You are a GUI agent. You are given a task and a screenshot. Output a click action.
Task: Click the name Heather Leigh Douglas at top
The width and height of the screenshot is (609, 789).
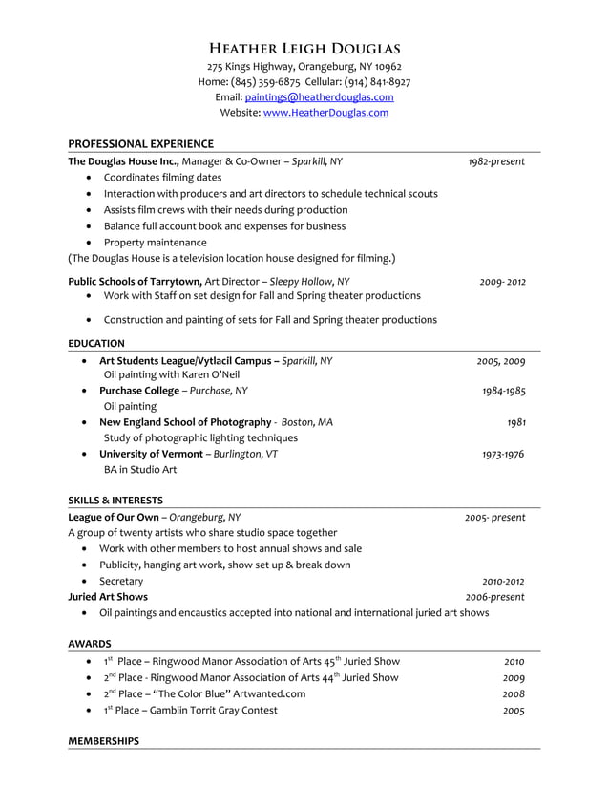click(304, 48)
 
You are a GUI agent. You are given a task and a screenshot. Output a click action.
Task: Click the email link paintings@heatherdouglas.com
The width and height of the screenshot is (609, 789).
click(319, 97)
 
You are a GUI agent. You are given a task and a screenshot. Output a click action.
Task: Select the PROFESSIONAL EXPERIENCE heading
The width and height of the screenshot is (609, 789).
click(140, 143)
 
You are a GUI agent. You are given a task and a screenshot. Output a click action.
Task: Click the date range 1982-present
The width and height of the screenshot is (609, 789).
click(495, 161)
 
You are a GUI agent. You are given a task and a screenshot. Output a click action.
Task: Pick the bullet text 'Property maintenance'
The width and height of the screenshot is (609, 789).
click(155, 243)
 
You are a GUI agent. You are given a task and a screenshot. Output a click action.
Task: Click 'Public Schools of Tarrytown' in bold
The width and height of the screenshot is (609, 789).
click(135, 282)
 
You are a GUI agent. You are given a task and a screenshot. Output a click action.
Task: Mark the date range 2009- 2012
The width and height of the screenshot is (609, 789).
click(502, 282)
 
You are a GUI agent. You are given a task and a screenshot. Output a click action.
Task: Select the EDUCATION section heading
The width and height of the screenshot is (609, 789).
click(96, 343)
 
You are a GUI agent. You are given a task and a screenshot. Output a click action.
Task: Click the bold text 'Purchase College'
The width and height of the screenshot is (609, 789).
click(140, 391)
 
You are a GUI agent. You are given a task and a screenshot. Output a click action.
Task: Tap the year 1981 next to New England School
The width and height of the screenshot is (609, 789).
click(515, 422)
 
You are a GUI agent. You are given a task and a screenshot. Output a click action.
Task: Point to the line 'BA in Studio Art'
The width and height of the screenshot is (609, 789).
click(140, 470)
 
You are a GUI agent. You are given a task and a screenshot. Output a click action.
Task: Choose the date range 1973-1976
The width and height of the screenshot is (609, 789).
click(502, 455)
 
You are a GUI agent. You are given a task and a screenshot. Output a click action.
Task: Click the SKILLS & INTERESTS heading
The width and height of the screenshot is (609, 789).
click(115, 500)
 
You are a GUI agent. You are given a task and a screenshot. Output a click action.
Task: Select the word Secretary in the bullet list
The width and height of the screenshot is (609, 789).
click(121, 581)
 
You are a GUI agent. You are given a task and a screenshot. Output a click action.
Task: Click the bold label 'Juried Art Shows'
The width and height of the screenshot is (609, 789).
click(108, 597)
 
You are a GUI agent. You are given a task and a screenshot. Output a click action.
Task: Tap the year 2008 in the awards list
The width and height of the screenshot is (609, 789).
click(514, 694)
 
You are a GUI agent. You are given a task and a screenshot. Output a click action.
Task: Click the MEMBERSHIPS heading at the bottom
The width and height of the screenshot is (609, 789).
click(103, 741)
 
